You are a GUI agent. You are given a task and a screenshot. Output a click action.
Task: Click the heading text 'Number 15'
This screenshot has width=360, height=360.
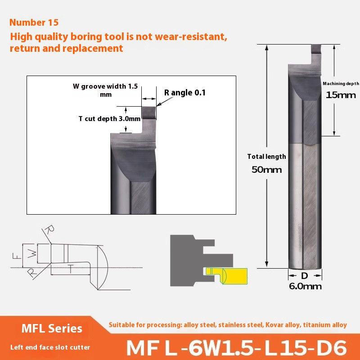34,22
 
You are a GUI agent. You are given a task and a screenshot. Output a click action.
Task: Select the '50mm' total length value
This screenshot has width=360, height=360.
267,170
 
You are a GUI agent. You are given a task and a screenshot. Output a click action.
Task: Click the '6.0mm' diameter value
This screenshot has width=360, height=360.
306,286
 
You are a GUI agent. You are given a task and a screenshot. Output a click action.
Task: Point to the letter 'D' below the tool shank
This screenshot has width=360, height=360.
305,275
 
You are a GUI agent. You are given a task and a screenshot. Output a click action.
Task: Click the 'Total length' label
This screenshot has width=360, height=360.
266,157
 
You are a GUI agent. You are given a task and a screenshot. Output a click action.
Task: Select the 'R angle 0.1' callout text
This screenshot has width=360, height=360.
184,93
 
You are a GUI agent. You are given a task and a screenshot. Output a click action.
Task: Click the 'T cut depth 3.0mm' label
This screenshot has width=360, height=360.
103,119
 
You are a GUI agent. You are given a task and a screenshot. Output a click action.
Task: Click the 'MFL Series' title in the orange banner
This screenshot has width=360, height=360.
52,328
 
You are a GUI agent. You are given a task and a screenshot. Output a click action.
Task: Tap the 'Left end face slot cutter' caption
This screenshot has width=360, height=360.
51,347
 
